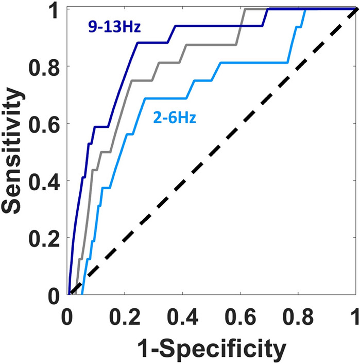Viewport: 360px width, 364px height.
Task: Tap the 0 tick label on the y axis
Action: (x=54, y=295)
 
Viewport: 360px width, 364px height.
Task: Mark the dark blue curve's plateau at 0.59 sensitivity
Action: (x=100, y=126)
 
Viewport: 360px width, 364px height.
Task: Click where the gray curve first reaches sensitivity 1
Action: (x=246, y=9)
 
